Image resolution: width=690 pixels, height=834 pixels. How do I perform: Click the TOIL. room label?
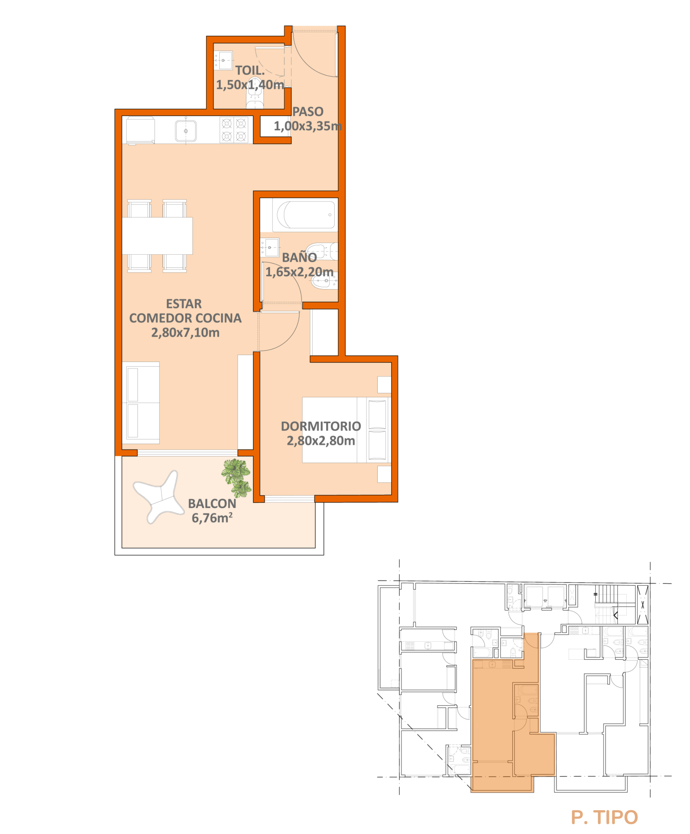click(x=249, y=70)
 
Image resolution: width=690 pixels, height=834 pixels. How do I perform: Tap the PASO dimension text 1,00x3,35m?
click(x=307, y=126)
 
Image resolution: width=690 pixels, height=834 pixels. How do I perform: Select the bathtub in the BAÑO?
click(x=306, y=215)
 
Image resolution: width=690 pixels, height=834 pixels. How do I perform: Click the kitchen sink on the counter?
click(x=185, y=131)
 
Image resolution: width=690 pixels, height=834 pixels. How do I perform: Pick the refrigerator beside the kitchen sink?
click(x=140, y=130)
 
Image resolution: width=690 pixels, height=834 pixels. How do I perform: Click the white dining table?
click(x=157, y=235)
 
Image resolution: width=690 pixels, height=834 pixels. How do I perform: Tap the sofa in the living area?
click(x=141, y=402)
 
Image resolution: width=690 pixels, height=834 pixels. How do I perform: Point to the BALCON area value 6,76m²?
click(x=212, y=518)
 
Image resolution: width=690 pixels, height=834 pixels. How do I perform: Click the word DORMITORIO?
click(x=321, y=426)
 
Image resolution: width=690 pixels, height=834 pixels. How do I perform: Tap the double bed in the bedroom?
click(x=346, y=430)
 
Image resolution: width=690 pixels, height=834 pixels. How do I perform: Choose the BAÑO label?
click(x=299, y=258)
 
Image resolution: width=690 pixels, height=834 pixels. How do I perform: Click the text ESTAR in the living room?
click(x=184, y=304)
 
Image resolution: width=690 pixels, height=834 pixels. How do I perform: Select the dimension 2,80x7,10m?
click(x=185, y=332)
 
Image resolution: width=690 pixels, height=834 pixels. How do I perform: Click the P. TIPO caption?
click(x=604, y=817)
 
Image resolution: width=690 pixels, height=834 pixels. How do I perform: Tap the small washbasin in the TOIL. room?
click(x=223, y=60)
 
